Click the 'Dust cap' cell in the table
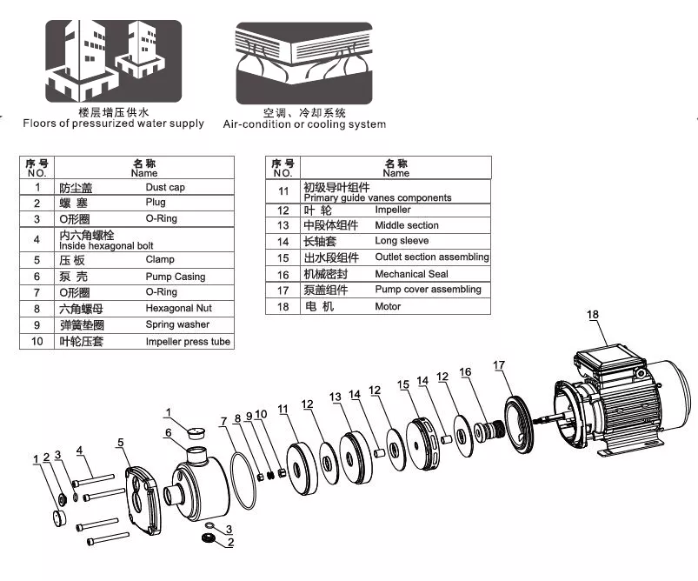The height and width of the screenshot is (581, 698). pyautogui.click(x=165, y=187)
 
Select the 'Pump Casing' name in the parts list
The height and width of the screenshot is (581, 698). pyautogui.click(x=176, y=277)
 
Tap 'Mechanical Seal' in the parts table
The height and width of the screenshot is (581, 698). pyautogui.click(x=412, y=273)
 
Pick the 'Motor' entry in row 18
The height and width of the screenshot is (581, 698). pyautogui.click(x=388, y=306)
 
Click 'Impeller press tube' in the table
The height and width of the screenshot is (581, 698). pyautogui.click(x=188, y=342)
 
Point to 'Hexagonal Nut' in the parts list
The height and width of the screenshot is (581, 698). pyautogui.click(x=178, y=308)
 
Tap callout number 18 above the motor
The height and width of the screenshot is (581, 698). pyautogui.click(x=593, y=314)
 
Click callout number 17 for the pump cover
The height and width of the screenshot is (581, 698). pyautogui.click(x=499, y=365)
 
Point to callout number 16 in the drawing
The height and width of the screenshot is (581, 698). pyautogui.click(x=466, y=371)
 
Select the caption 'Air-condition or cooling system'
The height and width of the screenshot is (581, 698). pyautogui.click(x=304, y=124)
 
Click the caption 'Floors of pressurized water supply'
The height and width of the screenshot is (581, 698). pyautogui.click(x=114, y=124)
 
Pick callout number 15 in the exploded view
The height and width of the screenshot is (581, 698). pyautogui.click(x=402, y=384)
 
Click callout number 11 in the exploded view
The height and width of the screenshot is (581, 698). pyautogui.click(x=283, y=408)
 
